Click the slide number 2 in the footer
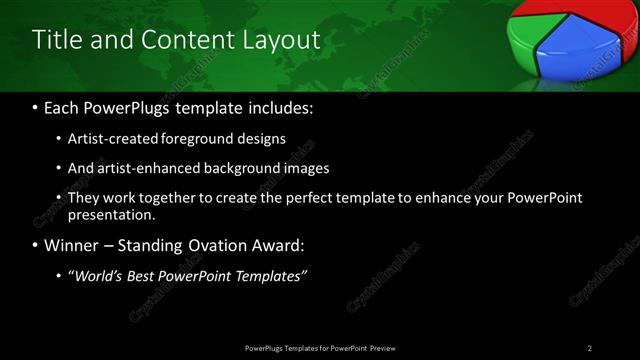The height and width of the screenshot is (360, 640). pos(590,347)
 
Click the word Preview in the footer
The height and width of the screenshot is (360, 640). pos(383,347)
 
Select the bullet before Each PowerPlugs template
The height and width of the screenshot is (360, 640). pos(36,108)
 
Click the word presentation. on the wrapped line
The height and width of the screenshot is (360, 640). pos(112,214)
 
